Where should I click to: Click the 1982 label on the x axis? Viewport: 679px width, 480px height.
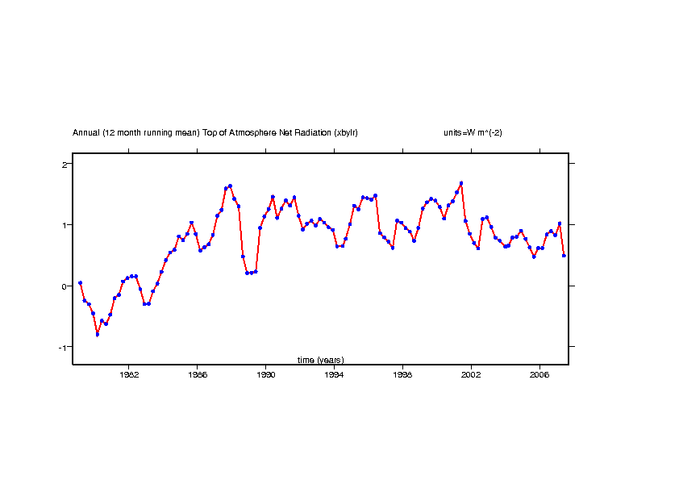(129, 375)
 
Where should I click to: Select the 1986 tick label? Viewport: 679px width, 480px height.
(198, 375)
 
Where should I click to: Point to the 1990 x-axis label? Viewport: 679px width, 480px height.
(266, 375)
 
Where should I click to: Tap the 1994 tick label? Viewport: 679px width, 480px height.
(334, 375)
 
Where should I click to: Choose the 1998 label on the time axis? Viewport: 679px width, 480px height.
(402, 375)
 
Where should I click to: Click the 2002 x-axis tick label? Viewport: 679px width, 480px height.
(471, 375)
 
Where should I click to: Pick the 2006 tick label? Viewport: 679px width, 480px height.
(539, 375)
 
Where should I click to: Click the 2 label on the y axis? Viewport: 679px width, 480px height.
(64, 165)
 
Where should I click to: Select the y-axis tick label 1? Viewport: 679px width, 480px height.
(64, 225)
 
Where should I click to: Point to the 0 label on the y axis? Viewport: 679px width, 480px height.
(64, 286)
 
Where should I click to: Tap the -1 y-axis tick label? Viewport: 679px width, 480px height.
(62, 347)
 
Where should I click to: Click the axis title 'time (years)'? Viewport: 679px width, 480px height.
(320, 360)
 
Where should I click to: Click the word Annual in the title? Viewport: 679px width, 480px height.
(86, 132)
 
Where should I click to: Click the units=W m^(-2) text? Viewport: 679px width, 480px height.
(473, 132)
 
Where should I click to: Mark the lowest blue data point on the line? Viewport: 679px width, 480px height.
(98, 334)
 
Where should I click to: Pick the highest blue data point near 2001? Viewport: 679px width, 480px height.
(461, 183)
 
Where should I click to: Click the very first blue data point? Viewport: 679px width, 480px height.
(80, 283)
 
